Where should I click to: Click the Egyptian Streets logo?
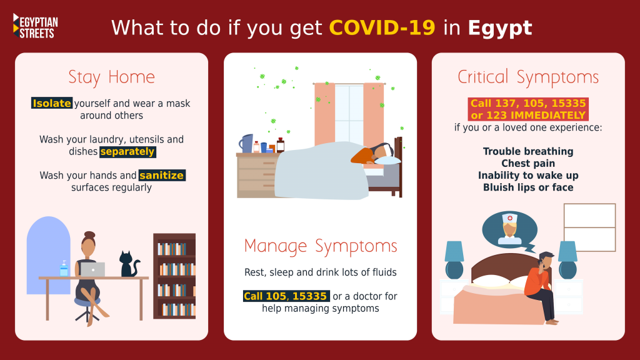pos(36,26)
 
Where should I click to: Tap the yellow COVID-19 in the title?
pos(382,27)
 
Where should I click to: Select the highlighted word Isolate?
pos(52,103)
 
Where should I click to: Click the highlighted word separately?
pos(127,151)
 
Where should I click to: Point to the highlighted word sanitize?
pos(162,175)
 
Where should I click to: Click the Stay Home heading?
pos(111,77)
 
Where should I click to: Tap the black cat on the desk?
pos(129,264)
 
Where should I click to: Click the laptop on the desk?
pos(92,269)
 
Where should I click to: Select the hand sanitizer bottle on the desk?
pos(64,268)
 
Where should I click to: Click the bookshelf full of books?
pos(174,276)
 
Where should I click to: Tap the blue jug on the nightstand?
pos(246,143)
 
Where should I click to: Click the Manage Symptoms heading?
pos(321,246)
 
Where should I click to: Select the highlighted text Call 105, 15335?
pos(286,296)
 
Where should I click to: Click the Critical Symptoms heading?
pos(528,77)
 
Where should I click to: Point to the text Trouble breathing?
pos(528,151)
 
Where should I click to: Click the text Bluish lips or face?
pos(528,187)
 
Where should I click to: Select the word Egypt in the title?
pos(499,28)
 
